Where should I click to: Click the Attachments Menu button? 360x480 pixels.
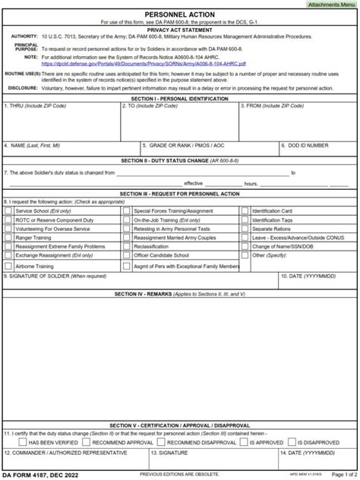coord(331,5)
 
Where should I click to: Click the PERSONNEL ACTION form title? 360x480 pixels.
coord(179,14)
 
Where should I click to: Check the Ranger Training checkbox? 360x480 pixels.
coord(8,238)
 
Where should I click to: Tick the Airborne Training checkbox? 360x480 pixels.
coord(8,267)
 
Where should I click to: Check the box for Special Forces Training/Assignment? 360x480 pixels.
coord(126,210)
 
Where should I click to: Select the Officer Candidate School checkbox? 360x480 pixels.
coord(126,256)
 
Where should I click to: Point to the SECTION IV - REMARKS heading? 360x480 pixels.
coord(179,293)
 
